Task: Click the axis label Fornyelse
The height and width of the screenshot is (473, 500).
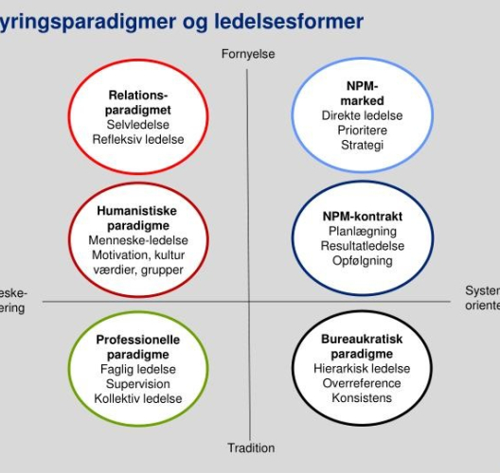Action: (x=248, y=54)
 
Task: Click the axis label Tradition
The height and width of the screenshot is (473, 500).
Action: (x=251, y=447)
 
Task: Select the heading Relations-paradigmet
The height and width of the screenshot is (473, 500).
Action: (x=138, y=103)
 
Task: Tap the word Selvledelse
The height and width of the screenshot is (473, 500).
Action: (x=138, y=125)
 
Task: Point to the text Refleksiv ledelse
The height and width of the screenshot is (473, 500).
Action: (x=138, y=139)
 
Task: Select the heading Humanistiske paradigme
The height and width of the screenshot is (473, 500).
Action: (x=137, y=219)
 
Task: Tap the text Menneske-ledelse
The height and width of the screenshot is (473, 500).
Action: (x=137, y=241)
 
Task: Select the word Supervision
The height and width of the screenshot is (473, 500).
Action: (x=138, y=384)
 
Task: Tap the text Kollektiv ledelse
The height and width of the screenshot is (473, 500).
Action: (x=138, y=398)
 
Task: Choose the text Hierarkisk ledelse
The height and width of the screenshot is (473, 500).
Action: (x=362, y=369)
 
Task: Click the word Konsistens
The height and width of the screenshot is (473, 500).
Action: (x=362, y=398)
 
